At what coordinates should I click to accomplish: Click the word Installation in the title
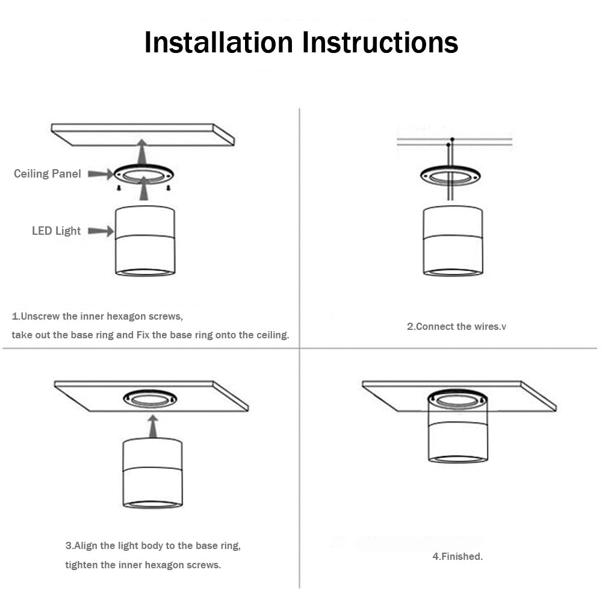[x=219, y=42]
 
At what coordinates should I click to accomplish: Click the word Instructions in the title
[x=380, y=42]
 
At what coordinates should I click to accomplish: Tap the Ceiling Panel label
[x=48, y=174]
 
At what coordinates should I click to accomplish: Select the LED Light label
[x=56, y=231]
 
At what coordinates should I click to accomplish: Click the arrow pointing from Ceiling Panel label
[x=100, y=174]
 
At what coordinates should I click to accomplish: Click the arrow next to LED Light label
[x=101, y=231]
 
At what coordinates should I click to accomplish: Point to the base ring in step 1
[x=144, y=175]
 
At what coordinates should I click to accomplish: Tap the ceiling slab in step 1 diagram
[x=143, y=134]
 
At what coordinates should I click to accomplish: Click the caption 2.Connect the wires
[x=456, y=327]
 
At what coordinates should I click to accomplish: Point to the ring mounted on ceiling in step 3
[x=150, y=398]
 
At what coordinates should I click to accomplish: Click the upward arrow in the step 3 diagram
[x=153, y=426]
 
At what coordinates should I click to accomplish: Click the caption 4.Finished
[x=458, y=557]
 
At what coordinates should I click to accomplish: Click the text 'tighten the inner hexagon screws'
[x=143, y=565]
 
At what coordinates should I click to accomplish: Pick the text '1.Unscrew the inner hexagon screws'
[x=97, y=316]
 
